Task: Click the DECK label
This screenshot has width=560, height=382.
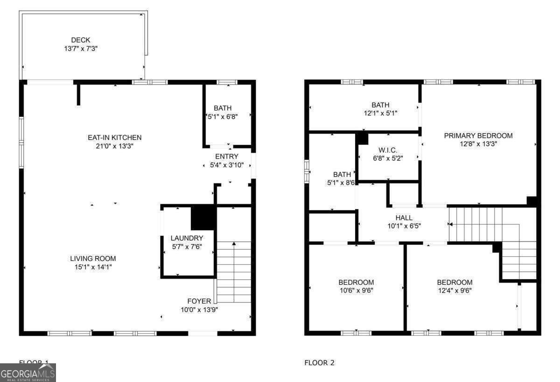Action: point(81,40)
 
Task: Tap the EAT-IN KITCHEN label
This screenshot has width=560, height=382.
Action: point(114,138)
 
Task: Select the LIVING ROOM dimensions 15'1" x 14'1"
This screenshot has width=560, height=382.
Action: point(93,267)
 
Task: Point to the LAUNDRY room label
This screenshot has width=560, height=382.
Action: point(187,238)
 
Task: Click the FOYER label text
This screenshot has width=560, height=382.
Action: point(199,301)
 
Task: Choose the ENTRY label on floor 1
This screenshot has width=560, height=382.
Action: point(227,156)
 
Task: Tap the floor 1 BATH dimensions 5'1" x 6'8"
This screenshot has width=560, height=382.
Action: point(223,117)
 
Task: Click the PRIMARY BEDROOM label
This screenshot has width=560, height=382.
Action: point(478,136)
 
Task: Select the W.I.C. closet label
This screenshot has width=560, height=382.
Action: point(388,150)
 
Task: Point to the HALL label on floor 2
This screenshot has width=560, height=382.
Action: point(404,218)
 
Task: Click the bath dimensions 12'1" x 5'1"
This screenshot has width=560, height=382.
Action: point(380,113)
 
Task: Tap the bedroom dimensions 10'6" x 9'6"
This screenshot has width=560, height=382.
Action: point(356,290)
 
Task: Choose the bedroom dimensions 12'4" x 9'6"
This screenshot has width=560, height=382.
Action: point(455,290)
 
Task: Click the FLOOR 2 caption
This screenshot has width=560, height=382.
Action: point(319,363)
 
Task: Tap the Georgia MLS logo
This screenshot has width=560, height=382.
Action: point(28,373)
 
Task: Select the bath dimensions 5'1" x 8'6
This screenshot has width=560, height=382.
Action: point(342,184)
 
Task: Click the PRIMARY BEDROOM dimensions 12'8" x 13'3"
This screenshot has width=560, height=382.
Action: point(478,144)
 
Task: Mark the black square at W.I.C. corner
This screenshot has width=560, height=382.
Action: point(362,138)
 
